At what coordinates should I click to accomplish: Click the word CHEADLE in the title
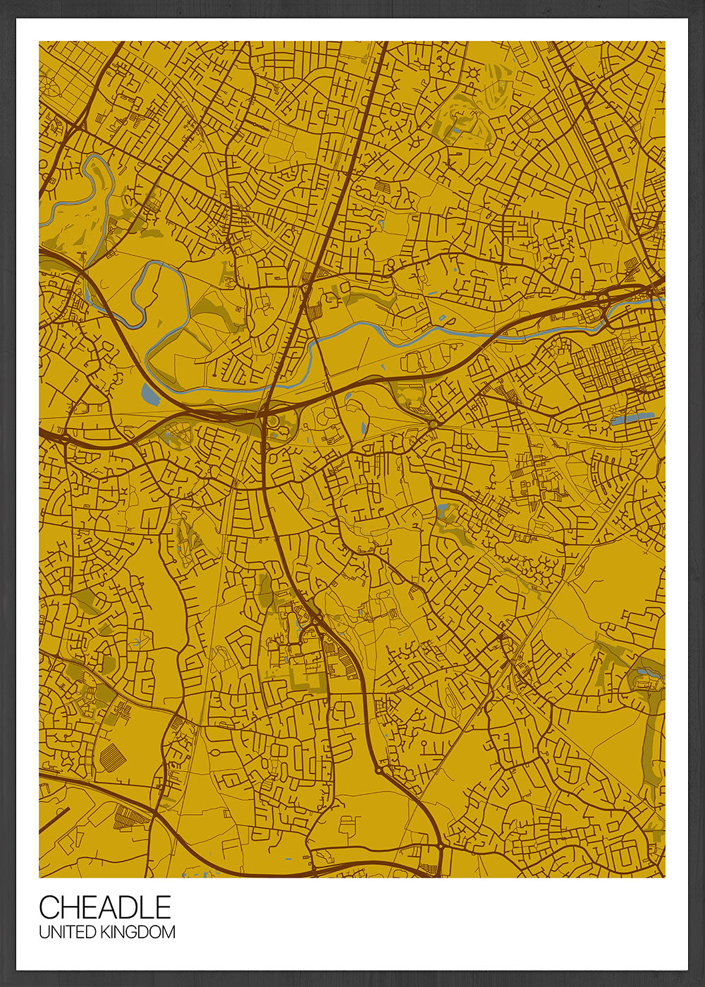tap(104, 907)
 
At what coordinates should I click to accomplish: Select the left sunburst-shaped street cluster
tap(446, 68)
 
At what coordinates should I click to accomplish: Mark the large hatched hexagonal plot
tap(112, 758)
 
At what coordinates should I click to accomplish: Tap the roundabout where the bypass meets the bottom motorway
tap(440, 844)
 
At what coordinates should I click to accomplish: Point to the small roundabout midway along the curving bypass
tap(379, 771)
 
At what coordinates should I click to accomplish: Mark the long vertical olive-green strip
tap(650, 741)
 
